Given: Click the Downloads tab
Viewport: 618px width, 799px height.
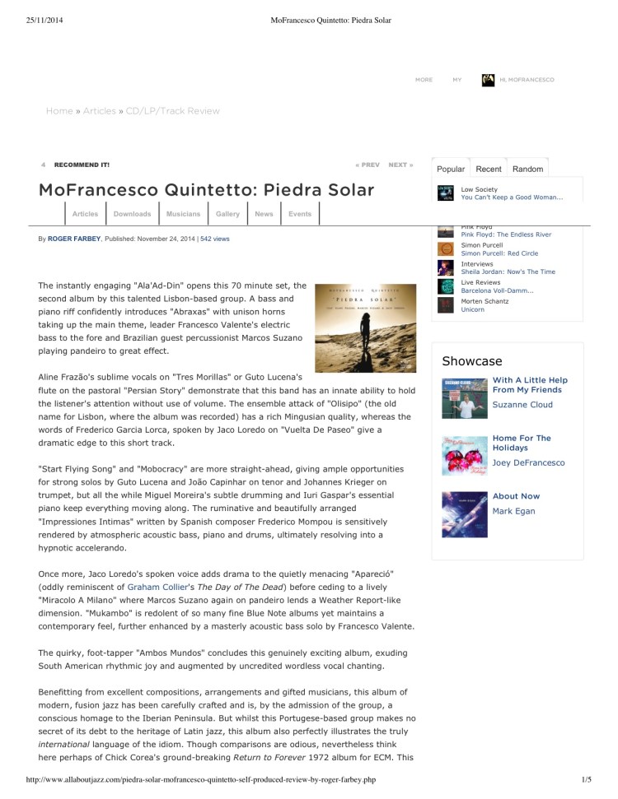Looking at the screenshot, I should tap(132, 214).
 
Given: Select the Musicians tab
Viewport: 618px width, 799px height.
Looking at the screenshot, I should tap(183, 214).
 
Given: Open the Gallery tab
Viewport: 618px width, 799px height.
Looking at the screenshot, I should tap(227, 214).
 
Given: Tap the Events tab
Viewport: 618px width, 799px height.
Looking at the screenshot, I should tap(300, 214).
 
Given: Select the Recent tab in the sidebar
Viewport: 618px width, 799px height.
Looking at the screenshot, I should tap(489, 169).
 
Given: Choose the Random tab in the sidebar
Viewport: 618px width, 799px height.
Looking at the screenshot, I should tap(527, 169).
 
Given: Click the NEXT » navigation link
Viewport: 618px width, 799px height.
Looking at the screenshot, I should tap(400, 165).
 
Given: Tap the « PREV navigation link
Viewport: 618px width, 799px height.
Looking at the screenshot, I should tap(368, 165).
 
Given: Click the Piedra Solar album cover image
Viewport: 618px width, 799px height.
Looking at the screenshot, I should tap(365, 328).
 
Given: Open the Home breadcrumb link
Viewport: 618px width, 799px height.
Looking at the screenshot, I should tap(59, 111).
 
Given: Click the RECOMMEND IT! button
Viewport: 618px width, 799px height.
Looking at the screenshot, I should tap(82, 165).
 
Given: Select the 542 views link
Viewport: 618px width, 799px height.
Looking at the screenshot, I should tap(215, 239).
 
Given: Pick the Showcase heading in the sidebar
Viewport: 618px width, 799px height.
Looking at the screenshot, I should tap(472, 361).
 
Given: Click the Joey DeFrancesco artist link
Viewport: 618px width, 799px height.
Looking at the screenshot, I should tap(528, 463).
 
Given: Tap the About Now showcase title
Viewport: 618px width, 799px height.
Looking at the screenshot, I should tap(516, 496).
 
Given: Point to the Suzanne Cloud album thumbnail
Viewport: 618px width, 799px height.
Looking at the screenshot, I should tap(464, 400).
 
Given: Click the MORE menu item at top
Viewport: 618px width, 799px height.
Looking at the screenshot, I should tap(424, 80).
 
